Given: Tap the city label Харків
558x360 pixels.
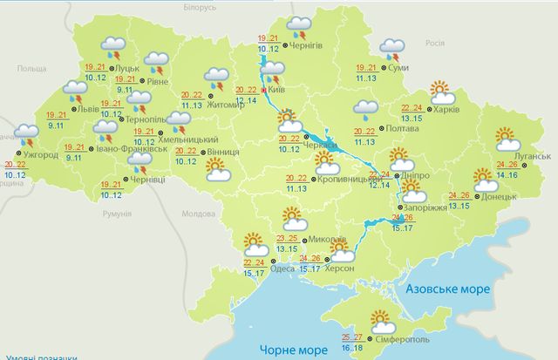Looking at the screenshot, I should [445, 112].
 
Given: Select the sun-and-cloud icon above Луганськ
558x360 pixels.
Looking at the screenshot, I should [506, 138].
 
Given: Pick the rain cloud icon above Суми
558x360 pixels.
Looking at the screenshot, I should [392, 47].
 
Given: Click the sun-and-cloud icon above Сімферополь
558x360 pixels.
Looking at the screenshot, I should [381, 319].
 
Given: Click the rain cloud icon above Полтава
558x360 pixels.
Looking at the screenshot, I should [366, 109].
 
